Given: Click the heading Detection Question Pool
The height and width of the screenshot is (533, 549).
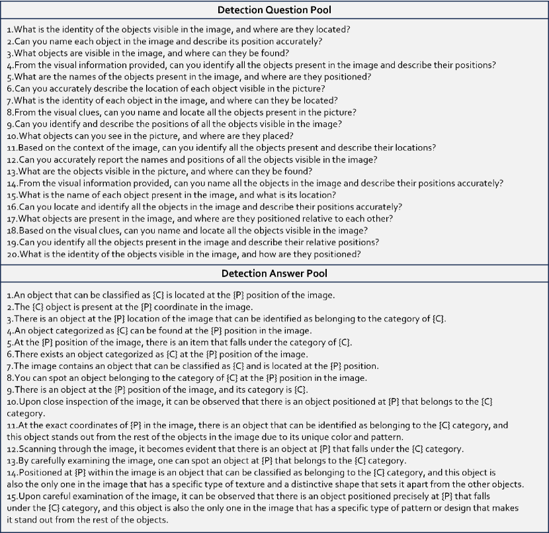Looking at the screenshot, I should coord(274,10).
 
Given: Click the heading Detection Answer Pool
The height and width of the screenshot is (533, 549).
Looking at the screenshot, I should coord(274,273).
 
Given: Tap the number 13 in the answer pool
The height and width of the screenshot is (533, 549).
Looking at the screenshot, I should coord(12,460).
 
